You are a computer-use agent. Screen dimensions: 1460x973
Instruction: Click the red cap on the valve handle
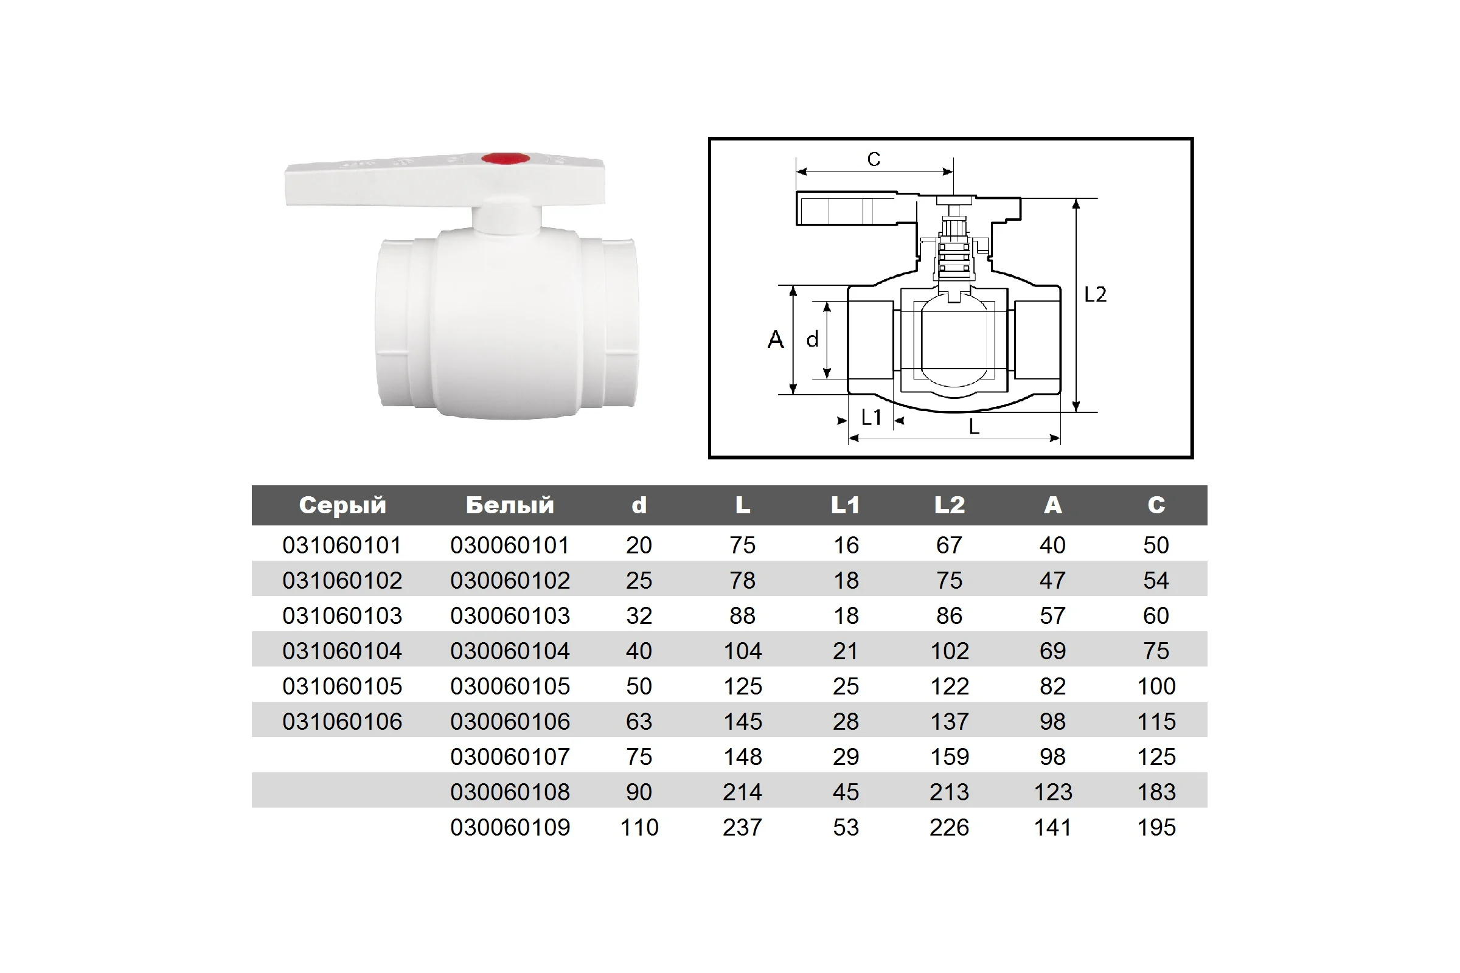point(506,159)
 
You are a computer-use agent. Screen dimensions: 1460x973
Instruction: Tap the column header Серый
point(342,505)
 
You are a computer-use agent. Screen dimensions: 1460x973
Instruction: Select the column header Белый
point(510,505)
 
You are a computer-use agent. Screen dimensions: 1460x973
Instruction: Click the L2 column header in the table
point(950,505)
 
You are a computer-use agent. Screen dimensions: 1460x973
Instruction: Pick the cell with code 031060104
point(342,651)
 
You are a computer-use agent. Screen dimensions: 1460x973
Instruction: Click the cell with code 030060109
point(510,827)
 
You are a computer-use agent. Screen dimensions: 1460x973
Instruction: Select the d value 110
point(639,827)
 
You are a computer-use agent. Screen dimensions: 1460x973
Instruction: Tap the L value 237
point(742,827)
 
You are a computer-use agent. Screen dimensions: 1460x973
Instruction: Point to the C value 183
point(1156,792)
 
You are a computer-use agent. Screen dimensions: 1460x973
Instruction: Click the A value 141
point(1053,827)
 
